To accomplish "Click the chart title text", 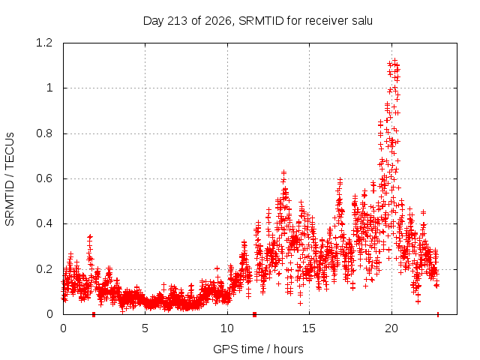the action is tap(258, 21).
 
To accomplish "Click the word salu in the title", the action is tap(361, 21).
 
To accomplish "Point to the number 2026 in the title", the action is tap(217, 21).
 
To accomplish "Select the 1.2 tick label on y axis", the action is tap(44, 43).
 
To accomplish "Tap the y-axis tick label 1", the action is tap(49, 88).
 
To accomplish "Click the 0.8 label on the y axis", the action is tap(44, 133).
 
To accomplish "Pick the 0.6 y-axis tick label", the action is tap(44, 178).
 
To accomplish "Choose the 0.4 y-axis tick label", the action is tap(44, 223).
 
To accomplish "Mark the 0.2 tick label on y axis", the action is tap(44, 269).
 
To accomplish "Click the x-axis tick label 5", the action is tap(145, 328).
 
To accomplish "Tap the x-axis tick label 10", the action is tap(227, 328).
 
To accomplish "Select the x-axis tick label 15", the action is tap(309, 328).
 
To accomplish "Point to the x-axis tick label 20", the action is tap(391, 328).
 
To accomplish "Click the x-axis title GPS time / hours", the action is tap(258, 349).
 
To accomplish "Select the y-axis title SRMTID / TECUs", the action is tap(10, 179).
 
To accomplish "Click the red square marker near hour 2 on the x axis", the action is tap(94, 314).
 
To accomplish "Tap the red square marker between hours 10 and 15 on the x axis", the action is tap(254, 314).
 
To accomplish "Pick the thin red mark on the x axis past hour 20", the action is tap(438, 314).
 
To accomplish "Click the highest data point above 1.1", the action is tap(395, 61).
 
